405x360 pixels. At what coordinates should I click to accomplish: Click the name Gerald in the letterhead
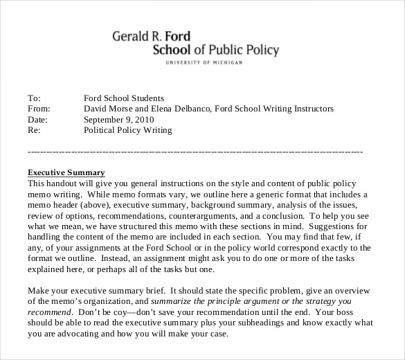point(132,36)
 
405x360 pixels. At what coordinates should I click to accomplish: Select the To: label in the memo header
point(34,98)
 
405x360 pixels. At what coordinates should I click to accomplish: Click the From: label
point(39,109)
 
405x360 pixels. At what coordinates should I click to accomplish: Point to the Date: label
point(37,119)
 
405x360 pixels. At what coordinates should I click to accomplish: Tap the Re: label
point(34,129)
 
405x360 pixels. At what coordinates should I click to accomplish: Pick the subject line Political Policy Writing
point(128,129)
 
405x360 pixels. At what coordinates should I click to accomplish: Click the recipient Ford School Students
point(124,98)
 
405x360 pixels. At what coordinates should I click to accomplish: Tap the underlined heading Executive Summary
point(66,172)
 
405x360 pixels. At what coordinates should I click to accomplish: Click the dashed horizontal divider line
point(195,151)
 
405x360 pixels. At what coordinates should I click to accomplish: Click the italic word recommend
point(48,312)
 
